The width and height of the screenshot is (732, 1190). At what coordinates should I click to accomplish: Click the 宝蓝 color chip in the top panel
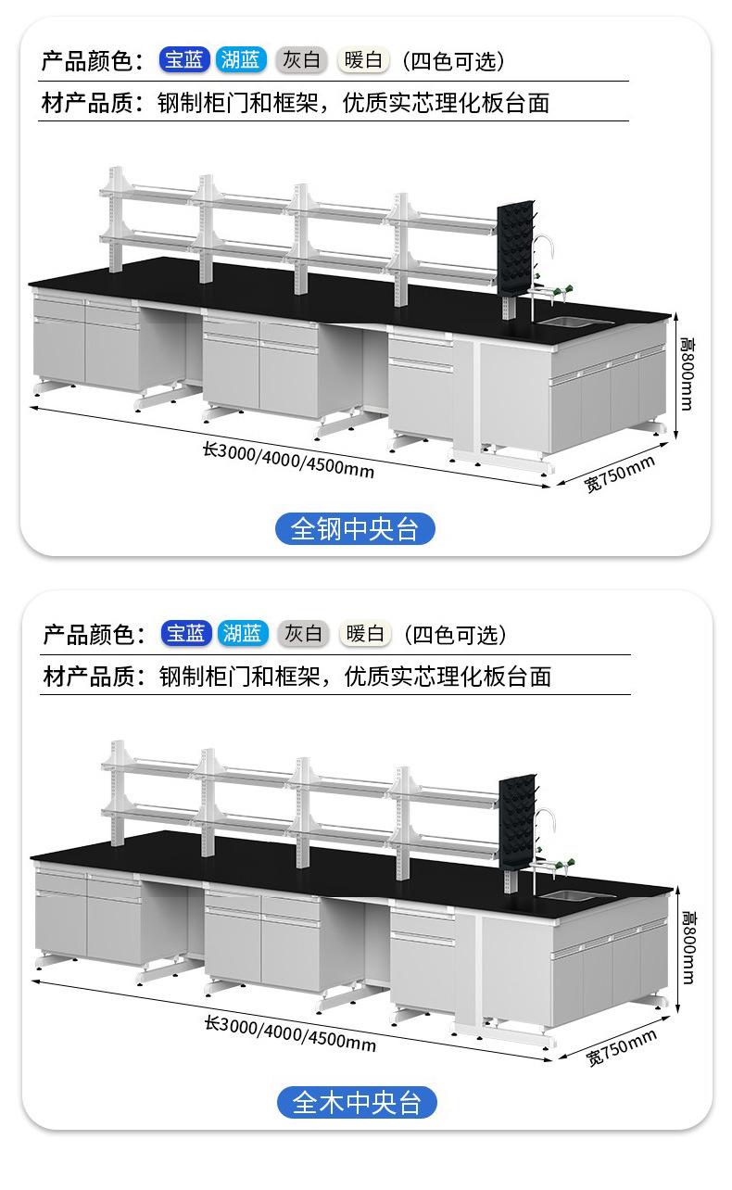184,59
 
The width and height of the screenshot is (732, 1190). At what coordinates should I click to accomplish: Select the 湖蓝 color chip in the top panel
241,59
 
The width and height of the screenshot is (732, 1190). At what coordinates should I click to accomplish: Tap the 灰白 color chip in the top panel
301,59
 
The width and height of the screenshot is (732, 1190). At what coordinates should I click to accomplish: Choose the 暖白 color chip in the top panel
363,59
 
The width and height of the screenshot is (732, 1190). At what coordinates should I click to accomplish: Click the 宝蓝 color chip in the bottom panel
186,633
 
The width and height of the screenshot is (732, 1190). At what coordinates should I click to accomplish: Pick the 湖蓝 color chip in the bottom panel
243,633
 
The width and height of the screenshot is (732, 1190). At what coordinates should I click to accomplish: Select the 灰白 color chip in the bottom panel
303,633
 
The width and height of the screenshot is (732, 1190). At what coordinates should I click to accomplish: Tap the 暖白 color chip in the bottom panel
365,633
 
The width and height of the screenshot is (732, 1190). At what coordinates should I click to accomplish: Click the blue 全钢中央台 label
355,528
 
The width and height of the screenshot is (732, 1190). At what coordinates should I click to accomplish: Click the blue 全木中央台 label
357,1102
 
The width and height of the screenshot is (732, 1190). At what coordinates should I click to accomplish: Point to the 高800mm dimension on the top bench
688,373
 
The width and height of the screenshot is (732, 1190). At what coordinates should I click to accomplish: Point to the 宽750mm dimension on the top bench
619,474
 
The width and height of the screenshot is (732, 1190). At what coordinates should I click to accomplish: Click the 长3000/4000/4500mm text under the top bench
288,460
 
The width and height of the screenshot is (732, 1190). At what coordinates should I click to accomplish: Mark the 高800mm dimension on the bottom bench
689,947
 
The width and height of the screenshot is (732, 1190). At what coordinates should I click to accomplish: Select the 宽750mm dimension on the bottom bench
622,1047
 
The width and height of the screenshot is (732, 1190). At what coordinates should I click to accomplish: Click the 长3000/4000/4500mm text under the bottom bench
291,1033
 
